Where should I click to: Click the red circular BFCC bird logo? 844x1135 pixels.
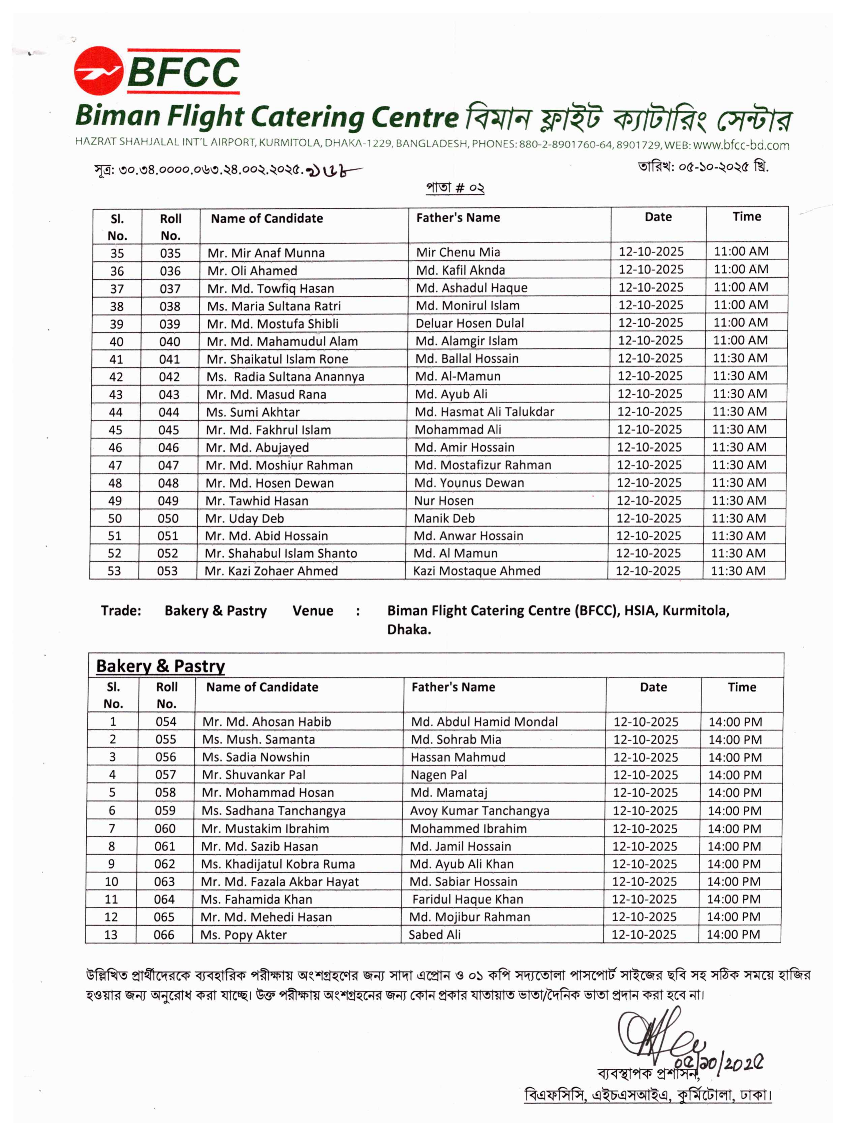pyautogui.click(x=98, y=71)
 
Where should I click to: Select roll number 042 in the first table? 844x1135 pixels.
pyautogui.click(x=169, y=377)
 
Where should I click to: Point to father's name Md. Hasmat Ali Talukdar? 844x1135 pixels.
pyautogui.click(x=484, y=411)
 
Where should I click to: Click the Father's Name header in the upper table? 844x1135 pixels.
pyautogui.click(x=458, y=218)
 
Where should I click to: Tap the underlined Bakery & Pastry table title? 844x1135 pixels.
pyautogui.click(x=160, y=666)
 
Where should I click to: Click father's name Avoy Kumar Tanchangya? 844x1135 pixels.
pyautogui.click(x=479, y=810)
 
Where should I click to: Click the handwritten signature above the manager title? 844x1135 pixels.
pyautogui.click(x=659, y=1036)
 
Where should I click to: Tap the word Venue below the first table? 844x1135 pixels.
pyautogui.click(x=313, y=611)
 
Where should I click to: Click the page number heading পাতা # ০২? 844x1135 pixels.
pyautogui.click(x=455, y=188)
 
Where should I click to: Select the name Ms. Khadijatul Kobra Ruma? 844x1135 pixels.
pyautogui.click(x=277, y=864)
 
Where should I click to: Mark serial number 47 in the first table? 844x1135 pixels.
pyautogui.click(x=116, y=465)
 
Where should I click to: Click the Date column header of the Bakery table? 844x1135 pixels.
pyautogui.click(x=653, y=687)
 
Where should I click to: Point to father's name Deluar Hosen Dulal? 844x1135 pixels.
pyautogui.click(x=470, y=323)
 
